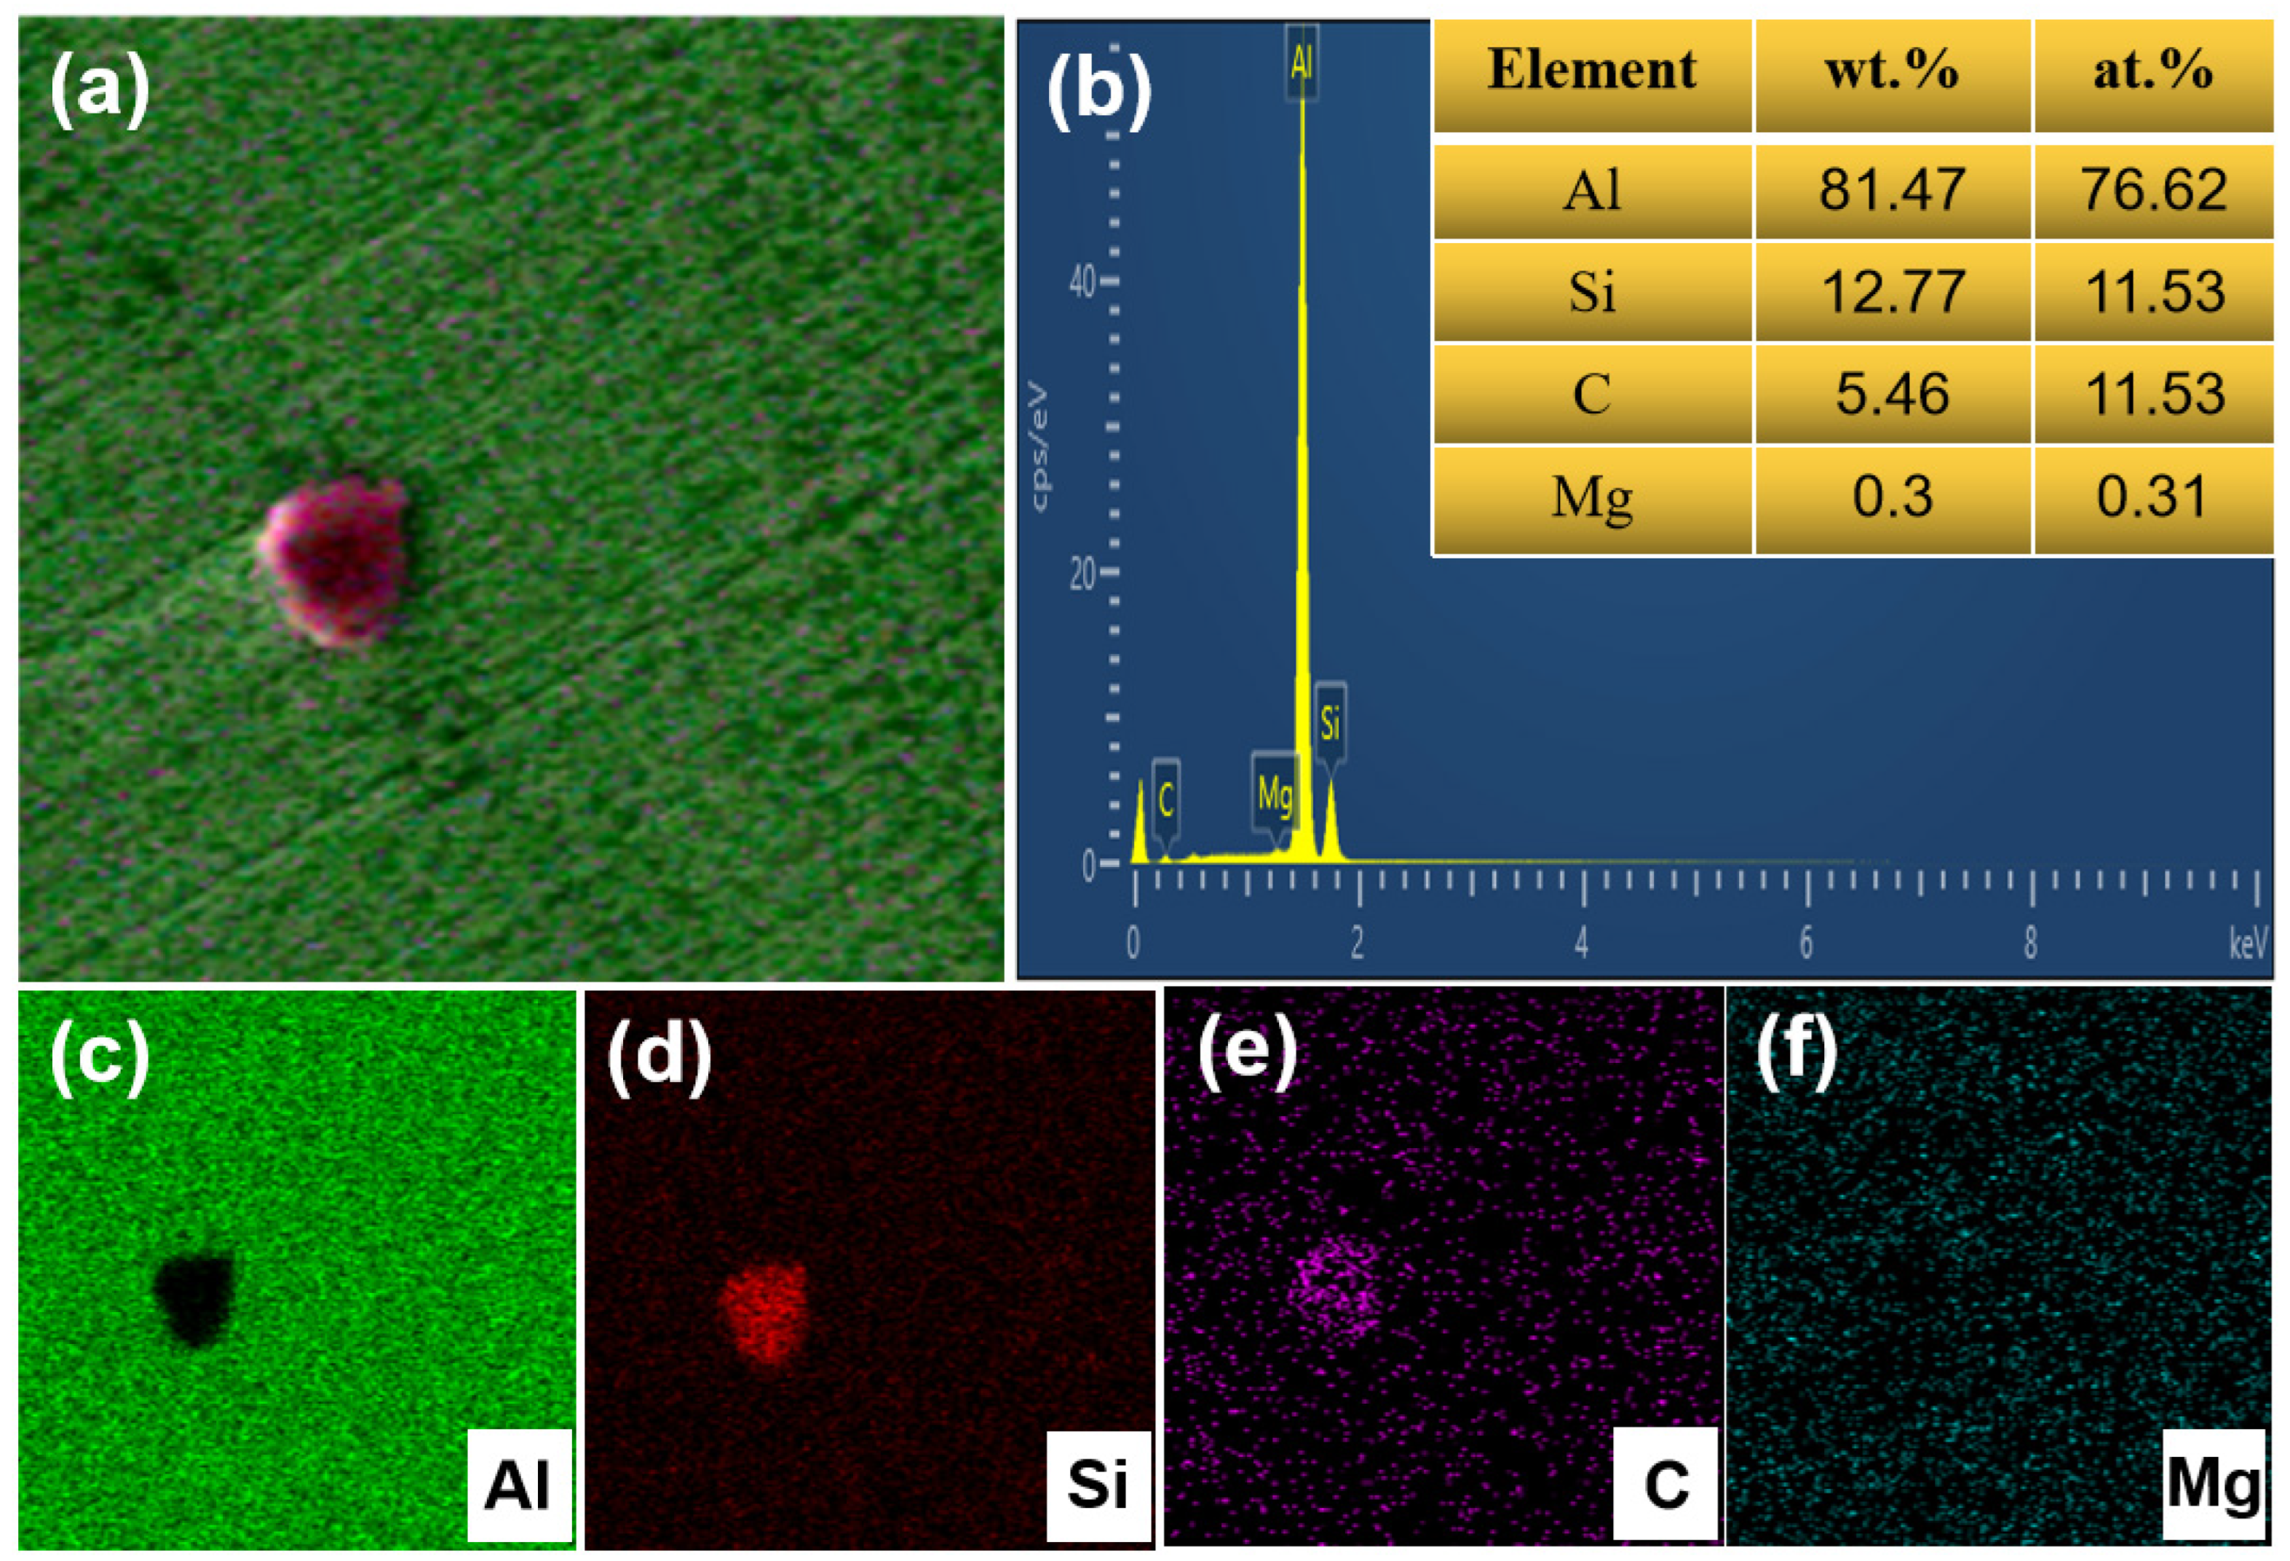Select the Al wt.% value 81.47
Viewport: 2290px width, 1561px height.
tap(1891, 189)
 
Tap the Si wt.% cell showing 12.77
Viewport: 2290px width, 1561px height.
tap(1891, 292)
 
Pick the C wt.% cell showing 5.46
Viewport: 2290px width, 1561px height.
tap(1891, 393)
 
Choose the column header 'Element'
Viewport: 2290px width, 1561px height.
tap(1590, 71)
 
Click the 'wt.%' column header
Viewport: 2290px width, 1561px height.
tap(1891, 71)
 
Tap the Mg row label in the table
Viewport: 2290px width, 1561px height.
tap(1590, 496)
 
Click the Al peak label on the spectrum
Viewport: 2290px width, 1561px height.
tap(1301, 62)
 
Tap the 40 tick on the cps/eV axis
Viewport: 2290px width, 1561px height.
tap(1083, 282)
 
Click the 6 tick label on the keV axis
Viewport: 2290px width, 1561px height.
tap(1805, 943)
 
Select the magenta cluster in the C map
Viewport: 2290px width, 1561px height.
tap(1335, 1286)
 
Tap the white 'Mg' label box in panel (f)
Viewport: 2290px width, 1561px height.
tap(2211, 1481)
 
